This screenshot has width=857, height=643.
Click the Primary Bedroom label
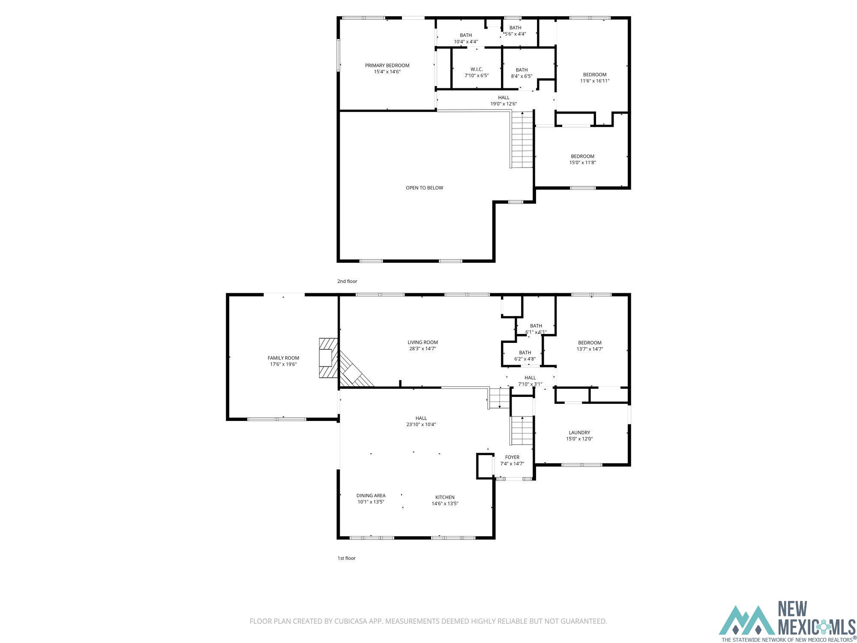[387, 66]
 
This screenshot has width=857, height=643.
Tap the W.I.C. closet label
[476, 69]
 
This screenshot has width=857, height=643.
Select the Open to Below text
[424, 188]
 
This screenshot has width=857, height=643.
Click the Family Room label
[283, 358]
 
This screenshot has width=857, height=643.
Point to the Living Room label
[423, 343]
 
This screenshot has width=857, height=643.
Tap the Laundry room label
[579, 433]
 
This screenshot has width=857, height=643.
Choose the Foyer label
[512, 457]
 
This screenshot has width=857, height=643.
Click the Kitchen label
[445, 497]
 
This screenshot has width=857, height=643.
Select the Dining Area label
[371, 496]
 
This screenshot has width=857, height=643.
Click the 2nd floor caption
[347, 281]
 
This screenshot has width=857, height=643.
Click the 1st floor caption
[347, 558]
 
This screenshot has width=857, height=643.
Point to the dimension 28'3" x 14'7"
[423, 349]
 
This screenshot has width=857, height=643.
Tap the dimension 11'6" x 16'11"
[595, 81]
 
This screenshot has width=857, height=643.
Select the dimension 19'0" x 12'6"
[504, 104]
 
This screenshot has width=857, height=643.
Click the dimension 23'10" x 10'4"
[421, 424]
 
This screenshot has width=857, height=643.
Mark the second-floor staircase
[521, 139]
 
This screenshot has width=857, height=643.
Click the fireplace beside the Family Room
[328, 358]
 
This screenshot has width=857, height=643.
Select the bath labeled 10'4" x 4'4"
[466, 39]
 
